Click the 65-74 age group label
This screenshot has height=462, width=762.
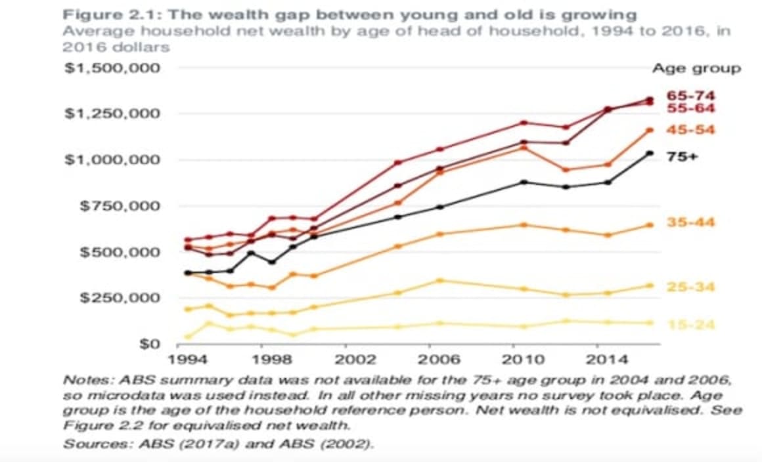691,96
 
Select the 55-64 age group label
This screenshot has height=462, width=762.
691,108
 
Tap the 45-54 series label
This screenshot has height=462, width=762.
691,130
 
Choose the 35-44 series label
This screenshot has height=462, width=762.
691,222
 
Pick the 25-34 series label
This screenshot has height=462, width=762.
691,287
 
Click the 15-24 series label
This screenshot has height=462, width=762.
691,325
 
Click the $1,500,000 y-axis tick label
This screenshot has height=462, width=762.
112,68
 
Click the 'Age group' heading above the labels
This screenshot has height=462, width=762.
696,68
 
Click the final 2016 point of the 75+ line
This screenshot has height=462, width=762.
650,154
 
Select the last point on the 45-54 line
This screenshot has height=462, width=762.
650,130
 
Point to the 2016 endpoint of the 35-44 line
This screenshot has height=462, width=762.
650,225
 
